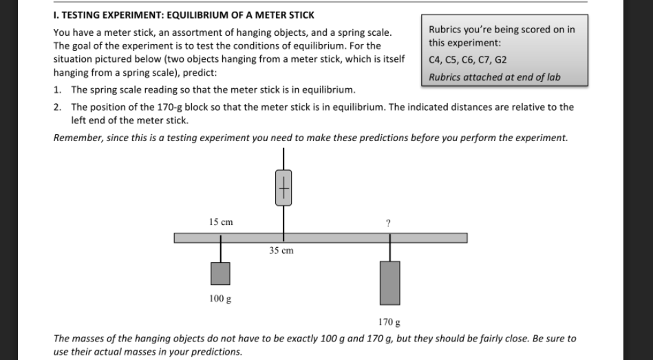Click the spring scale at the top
point(283,187)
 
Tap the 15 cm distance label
point(221,222)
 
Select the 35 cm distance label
point(281,251)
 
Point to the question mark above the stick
point(389,223)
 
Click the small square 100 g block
point(220,273)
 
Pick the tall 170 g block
point(389,282)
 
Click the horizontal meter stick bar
point(320,238)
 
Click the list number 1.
point(58,90)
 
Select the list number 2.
point(58,107)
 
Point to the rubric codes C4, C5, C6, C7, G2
point(468,60)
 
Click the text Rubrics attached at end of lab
point(494,77)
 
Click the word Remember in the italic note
point(77,138)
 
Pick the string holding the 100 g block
point(221,252)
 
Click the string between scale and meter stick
point(283,219)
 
